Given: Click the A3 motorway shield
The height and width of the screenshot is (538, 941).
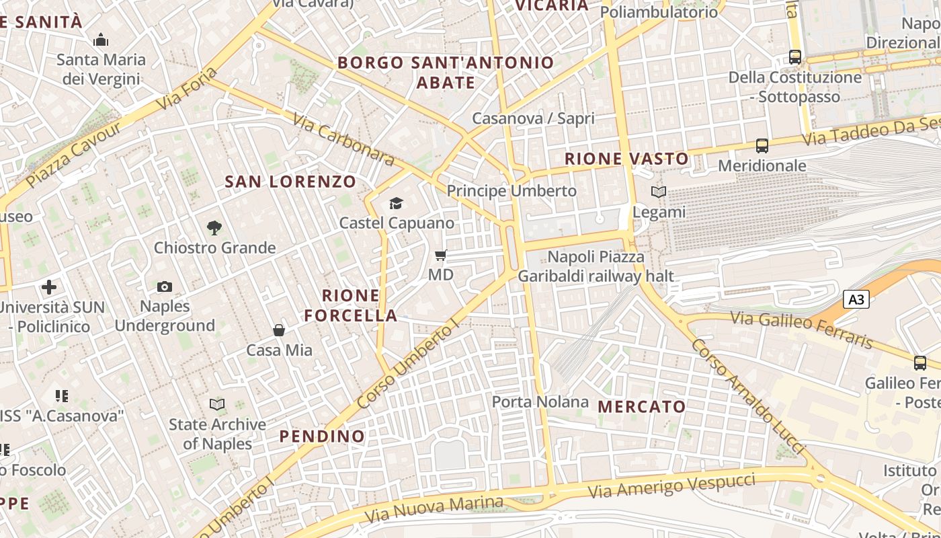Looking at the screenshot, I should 856,299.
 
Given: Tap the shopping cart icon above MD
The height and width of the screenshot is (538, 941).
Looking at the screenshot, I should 441,255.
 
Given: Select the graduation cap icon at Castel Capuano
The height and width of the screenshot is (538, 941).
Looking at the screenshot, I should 396,203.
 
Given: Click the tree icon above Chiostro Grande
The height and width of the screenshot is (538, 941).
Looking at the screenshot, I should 214,228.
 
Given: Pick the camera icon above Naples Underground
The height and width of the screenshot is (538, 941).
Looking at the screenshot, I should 165,287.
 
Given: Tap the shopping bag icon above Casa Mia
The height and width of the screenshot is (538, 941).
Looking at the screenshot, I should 279,330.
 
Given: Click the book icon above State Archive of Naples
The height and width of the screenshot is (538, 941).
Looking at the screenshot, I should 216,404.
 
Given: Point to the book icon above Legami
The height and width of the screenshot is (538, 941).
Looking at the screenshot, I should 659,192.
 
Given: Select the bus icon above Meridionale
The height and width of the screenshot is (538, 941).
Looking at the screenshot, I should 762,146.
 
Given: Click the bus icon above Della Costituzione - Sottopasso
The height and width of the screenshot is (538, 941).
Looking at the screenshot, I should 795,57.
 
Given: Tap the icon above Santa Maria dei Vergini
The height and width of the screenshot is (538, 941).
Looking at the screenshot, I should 101,40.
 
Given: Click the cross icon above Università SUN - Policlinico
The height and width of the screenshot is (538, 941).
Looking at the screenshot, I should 49,288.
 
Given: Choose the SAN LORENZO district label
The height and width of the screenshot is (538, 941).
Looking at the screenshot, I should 290,182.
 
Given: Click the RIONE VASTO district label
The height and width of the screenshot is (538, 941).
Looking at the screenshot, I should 626,159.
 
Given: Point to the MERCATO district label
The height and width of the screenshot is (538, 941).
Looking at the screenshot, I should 641,406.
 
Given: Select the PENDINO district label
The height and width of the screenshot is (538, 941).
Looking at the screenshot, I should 322,436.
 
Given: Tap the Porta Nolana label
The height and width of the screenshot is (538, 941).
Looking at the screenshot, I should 540,402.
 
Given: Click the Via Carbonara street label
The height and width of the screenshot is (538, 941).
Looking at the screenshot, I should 343,139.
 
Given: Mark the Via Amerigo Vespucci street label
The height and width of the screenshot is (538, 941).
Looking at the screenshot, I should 671,486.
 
